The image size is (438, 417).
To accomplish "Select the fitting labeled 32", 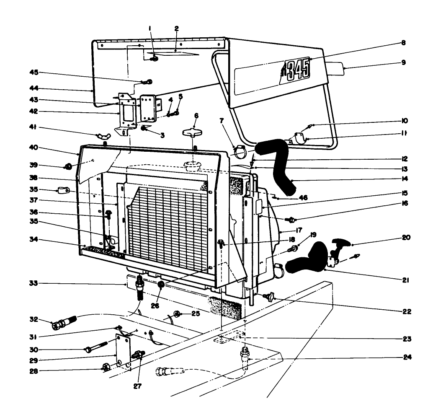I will [63, 324].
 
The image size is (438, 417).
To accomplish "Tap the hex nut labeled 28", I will [107, 368].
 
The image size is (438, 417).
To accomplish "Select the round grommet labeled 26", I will [161, 285].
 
